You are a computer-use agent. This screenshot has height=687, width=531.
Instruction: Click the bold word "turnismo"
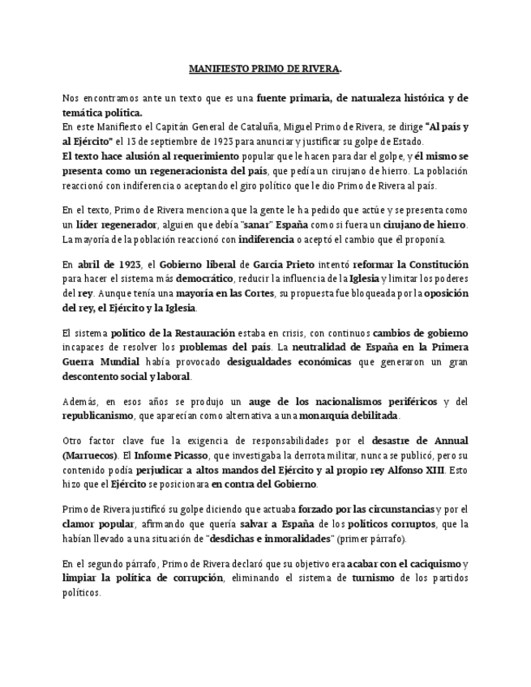pyautogui.click(x=373, y=578)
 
